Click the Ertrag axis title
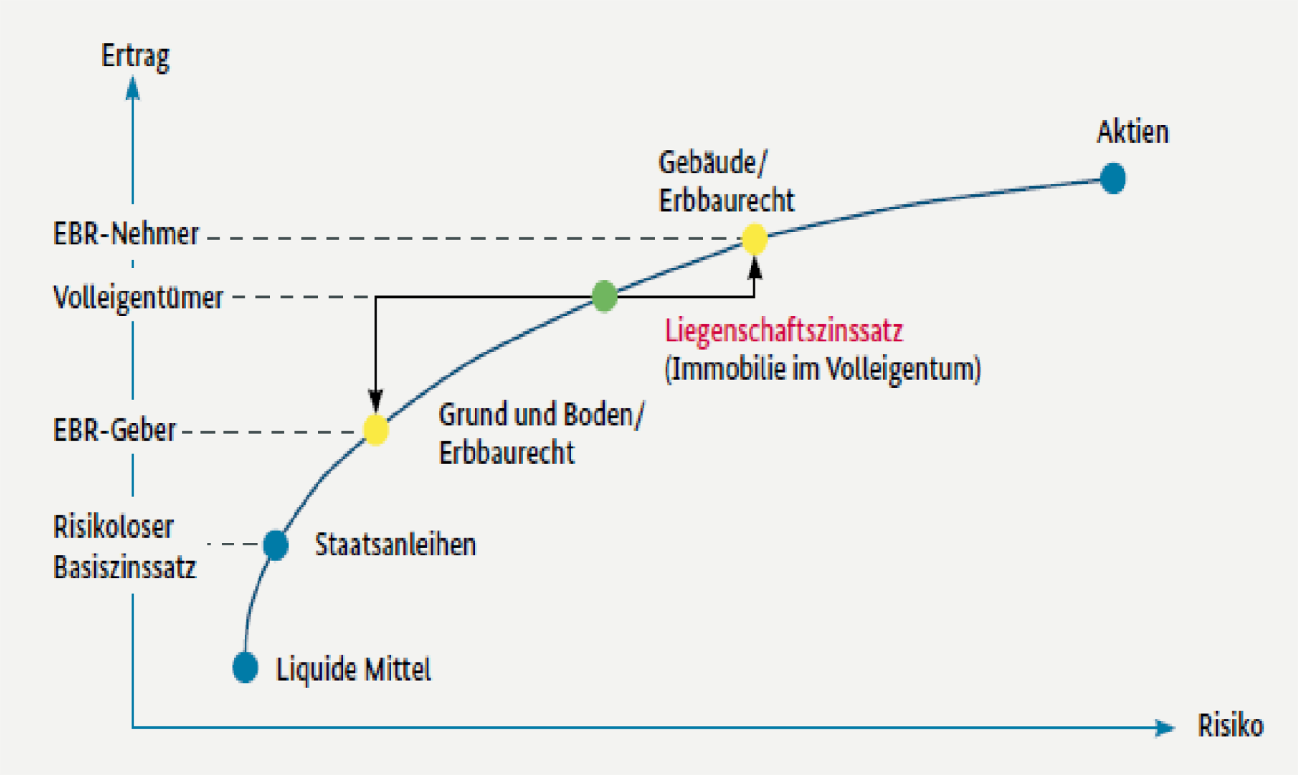click(x=135, y=55)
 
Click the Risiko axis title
click(x=1230, y=725)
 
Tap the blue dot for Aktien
click(x=1113, y=178)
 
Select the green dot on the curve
click(x=604, y=296)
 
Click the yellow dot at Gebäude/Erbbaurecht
click(x=755, y=240)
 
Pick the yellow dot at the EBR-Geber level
click(x=376, y=429)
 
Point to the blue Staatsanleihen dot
click(x=275, y=544)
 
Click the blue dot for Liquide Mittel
click(x=246, y=666)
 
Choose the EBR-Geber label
click(x=115, y=431)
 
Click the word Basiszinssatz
click(x=126, y=566)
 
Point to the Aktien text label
click(x=1133, y=133)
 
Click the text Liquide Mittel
click(x=354, y=668)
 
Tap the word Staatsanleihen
click(x=396, y=545)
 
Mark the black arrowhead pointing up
click(x=755, y=268)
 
